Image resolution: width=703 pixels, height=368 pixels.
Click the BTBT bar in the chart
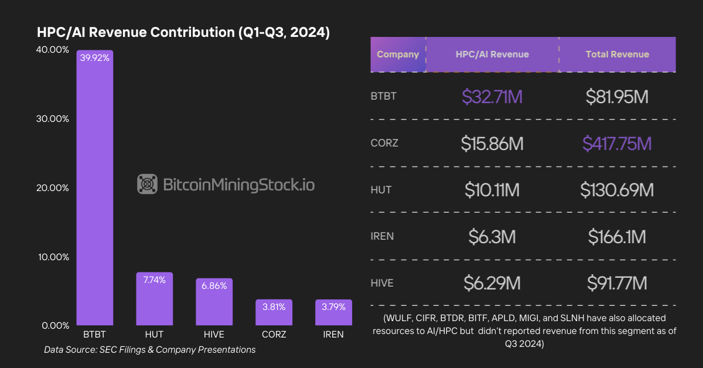click(94, 188)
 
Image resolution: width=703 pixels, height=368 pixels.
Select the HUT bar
click(154, 299)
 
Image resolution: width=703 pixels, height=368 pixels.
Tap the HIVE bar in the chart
click(214, 302)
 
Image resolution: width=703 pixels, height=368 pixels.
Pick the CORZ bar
click(274, 312)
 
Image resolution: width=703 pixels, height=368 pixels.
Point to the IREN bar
click(333, 312)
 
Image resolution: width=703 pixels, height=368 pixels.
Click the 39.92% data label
click(95, 58)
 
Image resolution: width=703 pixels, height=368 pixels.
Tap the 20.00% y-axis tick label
click(53, 188)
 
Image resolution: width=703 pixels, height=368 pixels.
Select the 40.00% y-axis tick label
click(53, 50)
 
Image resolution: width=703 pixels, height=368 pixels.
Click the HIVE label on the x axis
click(214, 335)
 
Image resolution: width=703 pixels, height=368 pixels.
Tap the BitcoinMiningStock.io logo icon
click(147, 185)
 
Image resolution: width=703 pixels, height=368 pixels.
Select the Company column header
click(398, 54)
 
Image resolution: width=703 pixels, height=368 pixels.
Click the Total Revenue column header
click(617, 54)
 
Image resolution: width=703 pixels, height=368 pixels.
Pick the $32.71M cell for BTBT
click(492, 97)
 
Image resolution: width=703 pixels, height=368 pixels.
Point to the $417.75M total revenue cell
click(617, 144)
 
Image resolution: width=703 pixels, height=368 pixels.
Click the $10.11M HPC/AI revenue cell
click(492, 190)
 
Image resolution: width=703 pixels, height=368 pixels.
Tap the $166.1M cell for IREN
click(617, 237)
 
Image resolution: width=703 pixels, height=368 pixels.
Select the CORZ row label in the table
click(384, 144)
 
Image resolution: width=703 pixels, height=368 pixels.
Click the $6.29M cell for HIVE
click(492, 284)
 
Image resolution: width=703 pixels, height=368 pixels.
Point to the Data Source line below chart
click(150, 350)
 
